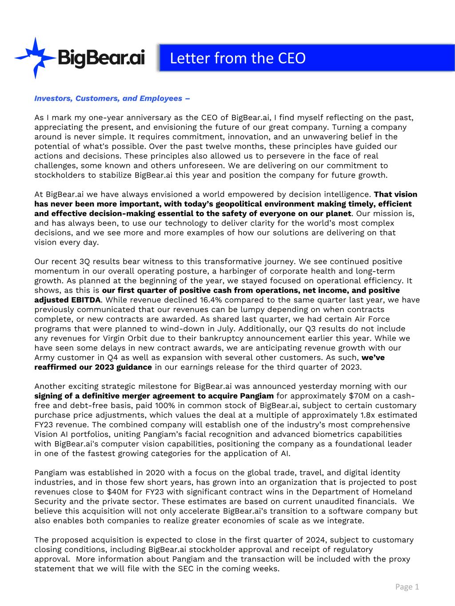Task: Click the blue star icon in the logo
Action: click(33, 57)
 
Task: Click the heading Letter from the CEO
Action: click(238, 58)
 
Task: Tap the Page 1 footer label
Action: click(407, 587)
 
